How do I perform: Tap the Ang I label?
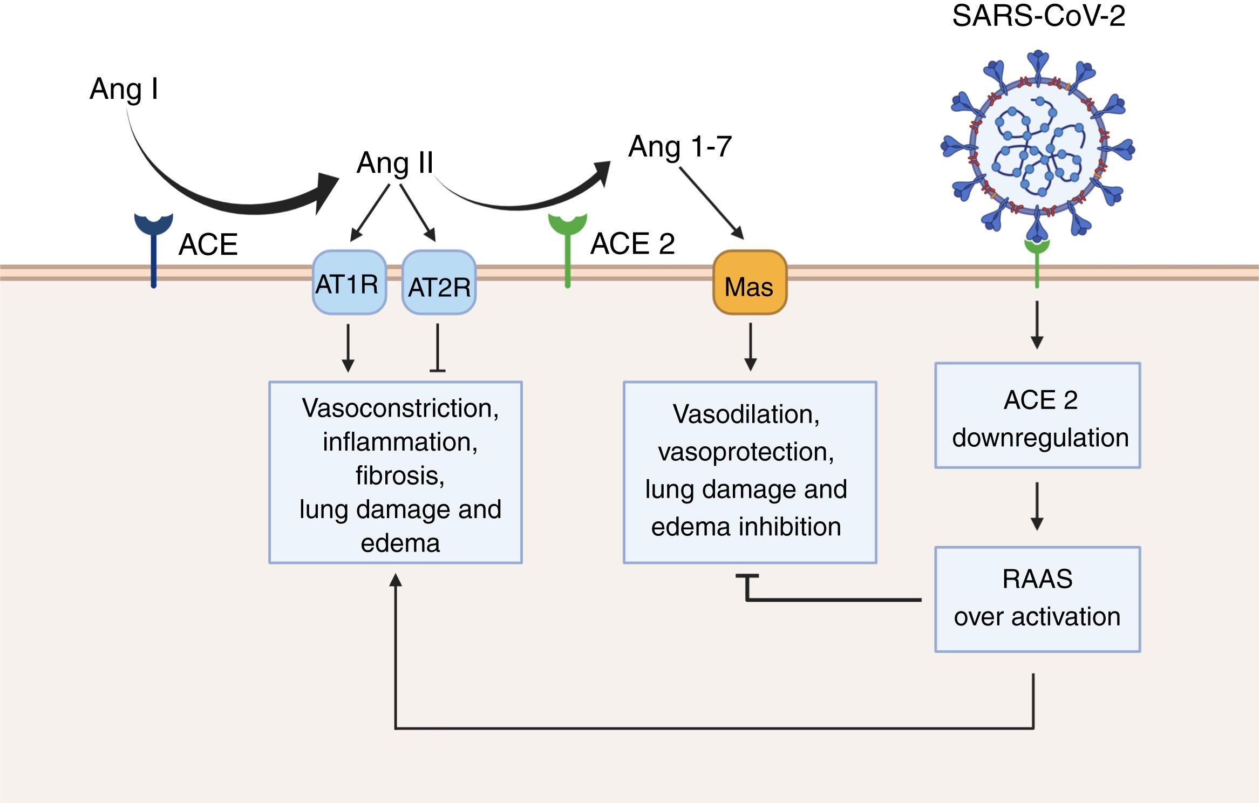[124, 89]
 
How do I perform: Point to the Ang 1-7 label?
[680, 146]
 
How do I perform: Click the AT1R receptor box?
[349, 282]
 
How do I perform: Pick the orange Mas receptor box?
[750, 283]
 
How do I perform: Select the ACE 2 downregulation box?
[1037, 416]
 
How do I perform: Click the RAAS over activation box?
[1037, 600]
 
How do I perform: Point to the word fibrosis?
[400, 475]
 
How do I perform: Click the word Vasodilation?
[746, 414]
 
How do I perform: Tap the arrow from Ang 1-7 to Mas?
[711, 203]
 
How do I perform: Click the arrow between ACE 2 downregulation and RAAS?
[1037, 506]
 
